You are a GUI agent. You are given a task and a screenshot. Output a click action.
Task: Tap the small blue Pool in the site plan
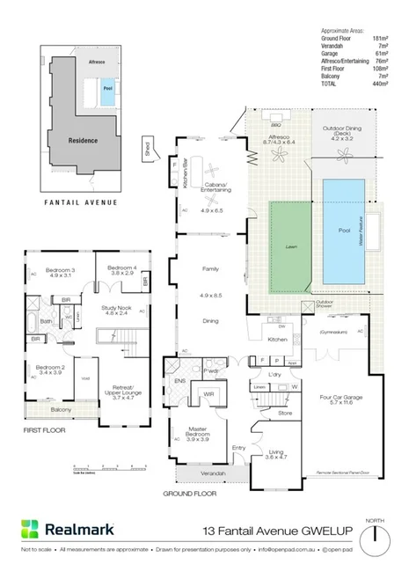[107, 90]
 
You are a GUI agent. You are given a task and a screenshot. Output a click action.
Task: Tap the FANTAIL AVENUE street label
[80, 202]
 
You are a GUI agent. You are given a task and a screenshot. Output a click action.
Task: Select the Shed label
[148, 146]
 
